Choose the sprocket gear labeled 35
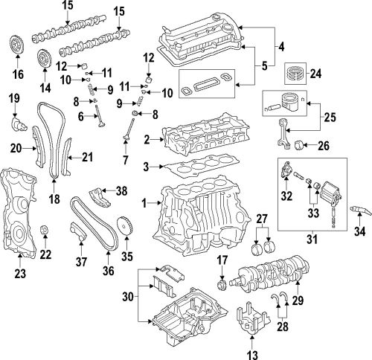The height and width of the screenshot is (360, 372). (x=124, y=224)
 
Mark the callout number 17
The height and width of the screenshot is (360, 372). (x=221, y=260)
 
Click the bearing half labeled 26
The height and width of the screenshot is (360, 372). (x=302, y=144)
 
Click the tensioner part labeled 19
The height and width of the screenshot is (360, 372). (x=16, y=120)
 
